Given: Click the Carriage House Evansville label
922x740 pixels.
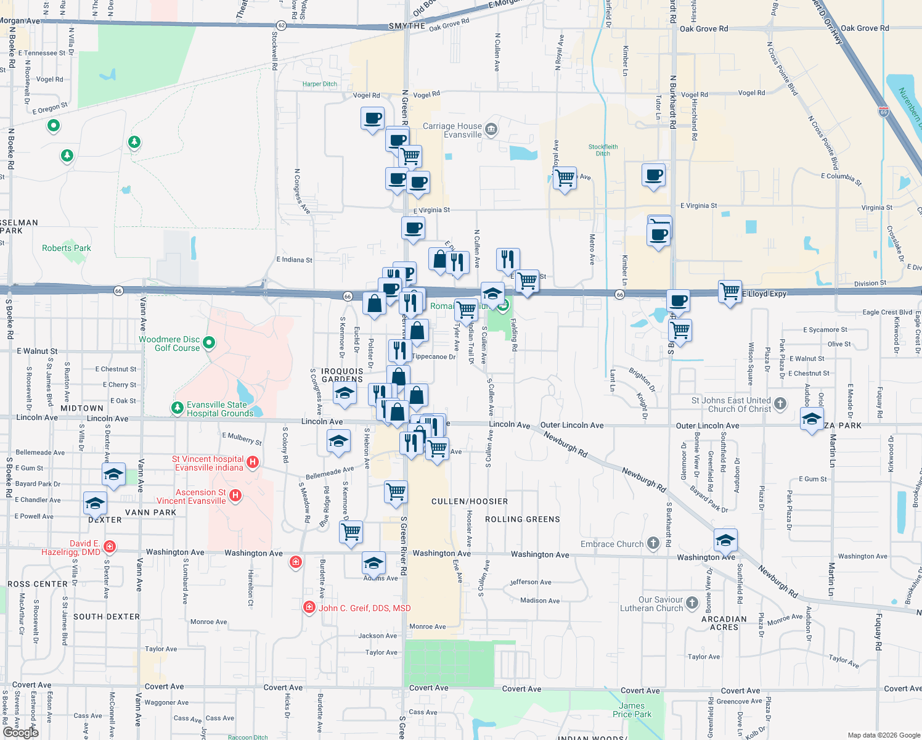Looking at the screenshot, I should [x=452, y=130].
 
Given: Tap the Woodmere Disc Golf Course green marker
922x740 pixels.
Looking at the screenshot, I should [x=209, y=342].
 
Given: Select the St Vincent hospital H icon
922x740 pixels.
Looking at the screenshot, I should [x=252, y=462].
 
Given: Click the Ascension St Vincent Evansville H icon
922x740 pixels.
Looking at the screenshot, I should [x=235, y=495].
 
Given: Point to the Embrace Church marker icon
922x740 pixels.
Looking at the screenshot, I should [x=653, y=543].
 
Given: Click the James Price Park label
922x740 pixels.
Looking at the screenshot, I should [x=632, y=710].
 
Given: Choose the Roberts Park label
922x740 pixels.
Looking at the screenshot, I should [x=66, y=248].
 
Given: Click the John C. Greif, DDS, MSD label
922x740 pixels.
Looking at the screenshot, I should [x=364, y=608].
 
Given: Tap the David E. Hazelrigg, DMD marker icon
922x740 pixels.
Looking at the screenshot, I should [x=110, y=546].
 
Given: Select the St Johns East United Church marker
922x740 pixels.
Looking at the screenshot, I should [x=780, y=404].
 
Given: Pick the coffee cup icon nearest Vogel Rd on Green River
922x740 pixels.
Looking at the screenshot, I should [x=372, y=118].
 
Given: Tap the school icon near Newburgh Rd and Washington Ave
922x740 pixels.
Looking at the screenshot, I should [x=725, y=540].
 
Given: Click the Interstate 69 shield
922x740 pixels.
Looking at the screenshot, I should [x=884, y=112].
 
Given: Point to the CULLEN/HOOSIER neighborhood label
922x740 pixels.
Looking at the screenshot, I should [x=470, y=501].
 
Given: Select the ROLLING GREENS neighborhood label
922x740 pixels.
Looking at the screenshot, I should [x=522, y=519].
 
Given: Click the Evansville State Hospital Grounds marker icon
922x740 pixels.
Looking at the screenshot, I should [x=177, y=408].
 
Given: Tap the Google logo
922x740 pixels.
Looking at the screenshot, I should [x=21, y=732].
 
